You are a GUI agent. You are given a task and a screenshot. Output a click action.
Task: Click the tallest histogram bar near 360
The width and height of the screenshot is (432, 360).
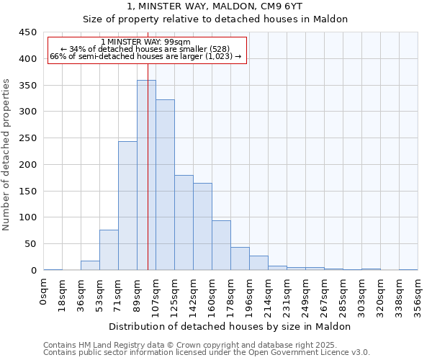146,175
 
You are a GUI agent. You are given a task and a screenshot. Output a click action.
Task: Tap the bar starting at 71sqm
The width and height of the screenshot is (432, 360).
127,206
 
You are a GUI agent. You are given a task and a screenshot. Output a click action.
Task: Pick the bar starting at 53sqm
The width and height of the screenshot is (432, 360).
109,250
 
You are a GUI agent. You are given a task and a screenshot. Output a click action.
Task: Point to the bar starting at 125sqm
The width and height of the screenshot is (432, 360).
184,222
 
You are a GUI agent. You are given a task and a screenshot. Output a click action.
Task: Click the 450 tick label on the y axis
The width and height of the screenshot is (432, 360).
27,32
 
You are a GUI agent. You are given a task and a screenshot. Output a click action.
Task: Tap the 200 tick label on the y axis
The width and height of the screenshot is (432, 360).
27,165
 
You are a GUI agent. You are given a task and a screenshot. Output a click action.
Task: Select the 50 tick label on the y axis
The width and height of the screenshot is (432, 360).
30,244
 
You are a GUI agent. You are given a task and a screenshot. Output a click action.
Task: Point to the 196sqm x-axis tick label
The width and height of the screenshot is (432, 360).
249,296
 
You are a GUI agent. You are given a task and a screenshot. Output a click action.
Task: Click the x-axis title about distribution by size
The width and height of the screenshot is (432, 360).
230,326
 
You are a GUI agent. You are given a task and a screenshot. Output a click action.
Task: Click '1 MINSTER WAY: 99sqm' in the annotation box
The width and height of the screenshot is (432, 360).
146,42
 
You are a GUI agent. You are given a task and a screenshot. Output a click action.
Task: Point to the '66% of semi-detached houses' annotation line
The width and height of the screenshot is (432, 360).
146,56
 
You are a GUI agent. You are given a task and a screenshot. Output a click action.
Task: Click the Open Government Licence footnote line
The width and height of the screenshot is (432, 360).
207,352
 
